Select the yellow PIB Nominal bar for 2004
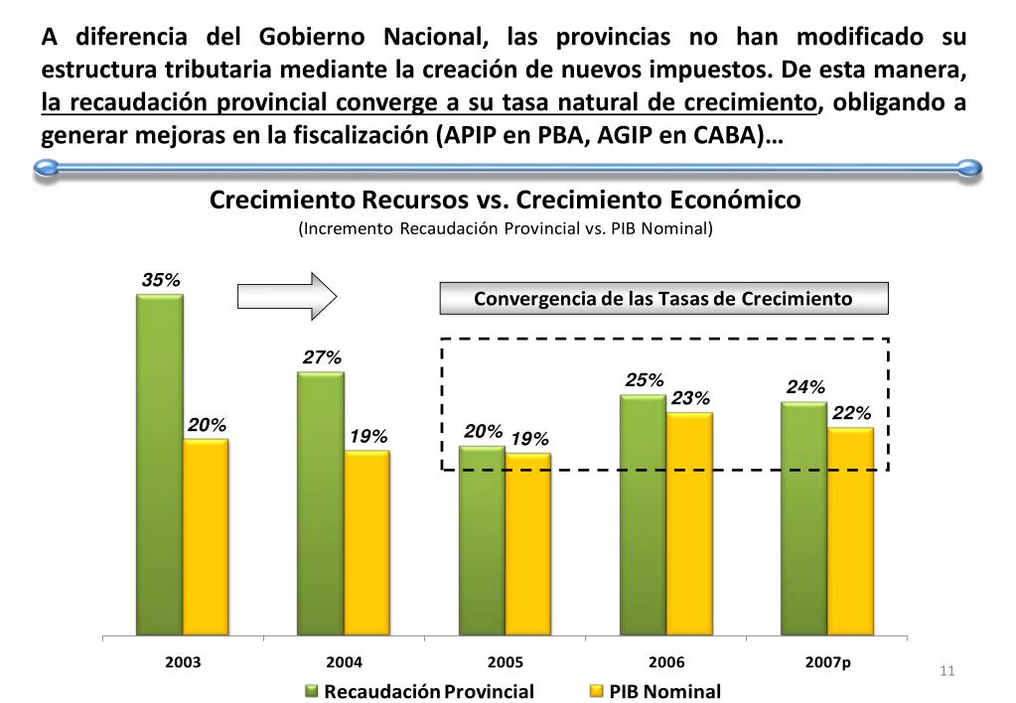pyautogui.click(x=366, y=543)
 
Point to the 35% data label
pyautogui.click(x=161, y=281)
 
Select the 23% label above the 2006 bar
pyautogui.click(x=690, y=399)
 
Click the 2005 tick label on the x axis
pyautogui.click(x=506, y=661)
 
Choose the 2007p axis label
pyautogui.click(x=828, y=661)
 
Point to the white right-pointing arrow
pyautogui.click(x=287, y=295)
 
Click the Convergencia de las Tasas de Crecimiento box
pyautogui.click(x=663, y=299)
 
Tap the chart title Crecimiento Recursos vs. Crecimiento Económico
pyautogui.click(x=506, y=200)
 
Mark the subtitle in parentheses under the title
pyautogui.click(x=506, y=228)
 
